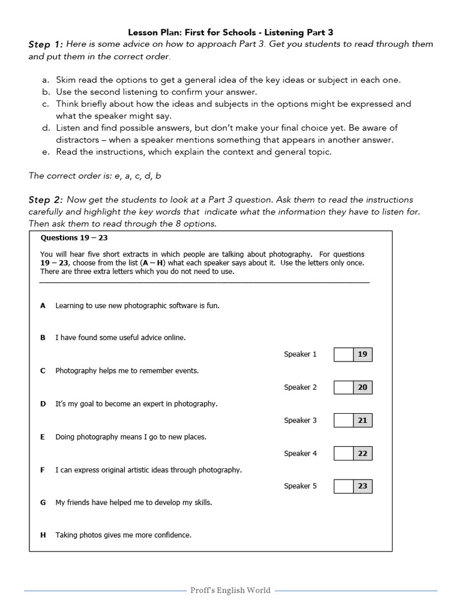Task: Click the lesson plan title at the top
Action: [x=230, y=31]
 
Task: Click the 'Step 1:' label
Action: [x=46, y=45]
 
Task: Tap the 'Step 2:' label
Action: [x=46, y=200]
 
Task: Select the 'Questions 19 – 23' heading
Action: [x=74, y=238]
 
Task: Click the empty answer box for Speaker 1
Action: [x=343, y=354]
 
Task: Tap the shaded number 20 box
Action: [x=363, y=387]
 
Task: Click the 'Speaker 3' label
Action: [x=300, y=420]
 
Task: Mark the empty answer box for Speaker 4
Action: [x=343, y=453]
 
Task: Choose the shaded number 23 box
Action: [x=363, y=486]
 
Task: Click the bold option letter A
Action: [x=43, y=306]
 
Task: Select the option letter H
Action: [x=43, y=535]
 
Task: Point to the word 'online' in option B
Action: [x=174, y=338]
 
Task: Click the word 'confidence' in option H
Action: [x=172, y=535]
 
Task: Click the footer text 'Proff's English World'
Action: [x=230, y=591]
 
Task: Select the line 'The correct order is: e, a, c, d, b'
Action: [x=95, y=176]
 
